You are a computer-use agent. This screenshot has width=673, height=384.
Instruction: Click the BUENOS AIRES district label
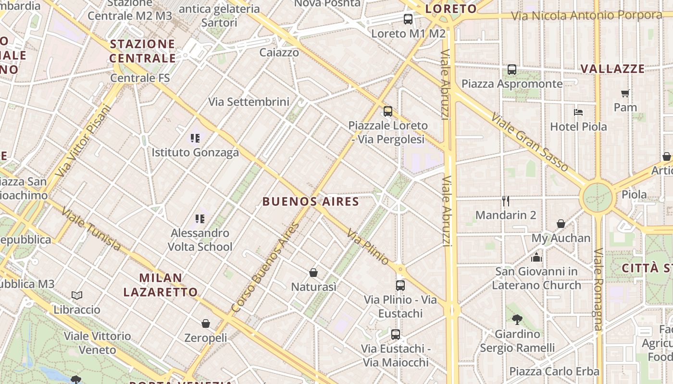[x=311, y=202]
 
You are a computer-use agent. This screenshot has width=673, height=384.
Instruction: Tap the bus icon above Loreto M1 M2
[x=408, y=19]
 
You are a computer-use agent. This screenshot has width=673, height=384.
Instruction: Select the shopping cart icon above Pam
[x=625, y=93]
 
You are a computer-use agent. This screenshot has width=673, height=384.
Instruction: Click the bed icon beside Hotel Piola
[x=578, y=112]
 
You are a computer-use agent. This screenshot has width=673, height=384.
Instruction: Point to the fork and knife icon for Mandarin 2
[x=505, y=201]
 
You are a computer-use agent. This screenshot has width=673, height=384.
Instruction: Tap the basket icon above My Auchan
[x=561, y=224]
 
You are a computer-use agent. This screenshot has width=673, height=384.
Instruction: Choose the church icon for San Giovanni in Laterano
[x=536, y=257]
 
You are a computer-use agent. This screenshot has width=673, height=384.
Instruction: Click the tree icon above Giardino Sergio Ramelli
[x=517, y=319]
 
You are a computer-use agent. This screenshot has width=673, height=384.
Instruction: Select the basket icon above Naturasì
[x=313, y=273]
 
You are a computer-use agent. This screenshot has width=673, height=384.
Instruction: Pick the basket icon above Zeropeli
[x=206, y=324]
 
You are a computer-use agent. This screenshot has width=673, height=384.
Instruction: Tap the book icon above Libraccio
[x=77, y=295]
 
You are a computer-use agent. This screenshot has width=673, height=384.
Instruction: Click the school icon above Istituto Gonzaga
[x=195, y=138]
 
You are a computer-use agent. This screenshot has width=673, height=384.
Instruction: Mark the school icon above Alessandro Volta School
[x=200, y=219]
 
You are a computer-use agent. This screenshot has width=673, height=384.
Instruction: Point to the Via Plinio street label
[x=368, y=247]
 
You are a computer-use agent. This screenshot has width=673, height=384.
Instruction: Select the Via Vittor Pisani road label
[x=83, y=140]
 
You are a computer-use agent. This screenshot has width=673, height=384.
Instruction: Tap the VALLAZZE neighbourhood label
[x=612, y=69]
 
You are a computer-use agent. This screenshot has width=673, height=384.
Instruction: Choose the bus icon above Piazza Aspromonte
[x=512, y=70]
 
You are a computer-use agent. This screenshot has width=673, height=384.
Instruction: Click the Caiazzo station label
[x=279, y=52]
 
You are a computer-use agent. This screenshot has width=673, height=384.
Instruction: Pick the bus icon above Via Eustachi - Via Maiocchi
[x=396, y=334]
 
